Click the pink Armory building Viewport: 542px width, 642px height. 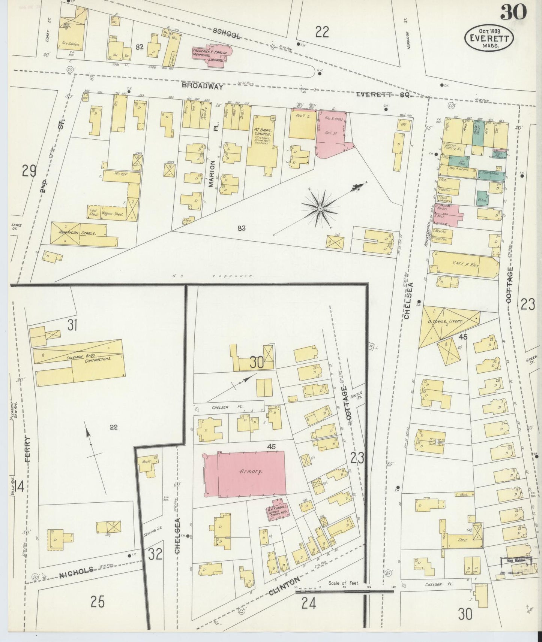[x=244, y=473]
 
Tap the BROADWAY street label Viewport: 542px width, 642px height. [x=203, y=86]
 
